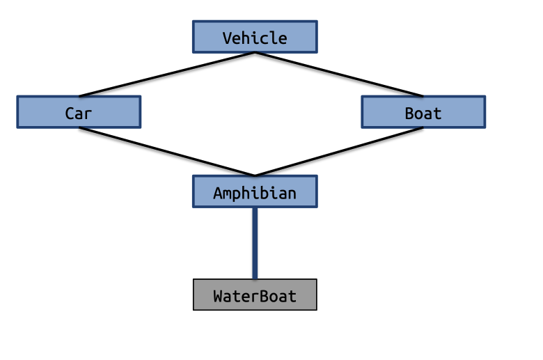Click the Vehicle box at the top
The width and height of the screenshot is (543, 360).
tap(254, 37)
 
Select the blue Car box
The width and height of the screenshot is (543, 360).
tap(79, 112)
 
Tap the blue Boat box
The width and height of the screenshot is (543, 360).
tap(423, 112)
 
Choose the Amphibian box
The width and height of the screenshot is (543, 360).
tap(254, 191)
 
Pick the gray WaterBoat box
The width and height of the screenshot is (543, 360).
tap(254, 295)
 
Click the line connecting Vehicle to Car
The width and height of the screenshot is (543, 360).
tap(167, 74)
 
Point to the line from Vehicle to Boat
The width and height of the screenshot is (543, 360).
tap(339, 74)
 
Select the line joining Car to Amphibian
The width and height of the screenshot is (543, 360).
tap(167, 152)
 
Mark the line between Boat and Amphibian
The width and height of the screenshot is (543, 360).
tap(339, 152)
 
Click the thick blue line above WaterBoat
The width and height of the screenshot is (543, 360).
tap(255, 243)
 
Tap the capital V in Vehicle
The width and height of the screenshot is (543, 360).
tap(227, 38)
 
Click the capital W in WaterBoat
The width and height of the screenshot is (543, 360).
tap(218, 296)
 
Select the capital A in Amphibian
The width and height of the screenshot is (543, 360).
tap(218, 193)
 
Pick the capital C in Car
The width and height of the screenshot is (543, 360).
tap(70, 113)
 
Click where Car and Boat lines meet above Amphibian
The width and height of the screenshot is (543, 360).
tap(254, 175)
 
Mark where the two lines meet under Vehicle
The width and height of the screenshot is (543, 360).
tap(254, 52)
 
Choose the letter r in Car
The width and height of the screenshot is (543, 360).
tap(88, 114)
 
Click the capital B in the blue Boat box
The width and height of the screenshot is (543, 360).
tap(409, 113)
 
